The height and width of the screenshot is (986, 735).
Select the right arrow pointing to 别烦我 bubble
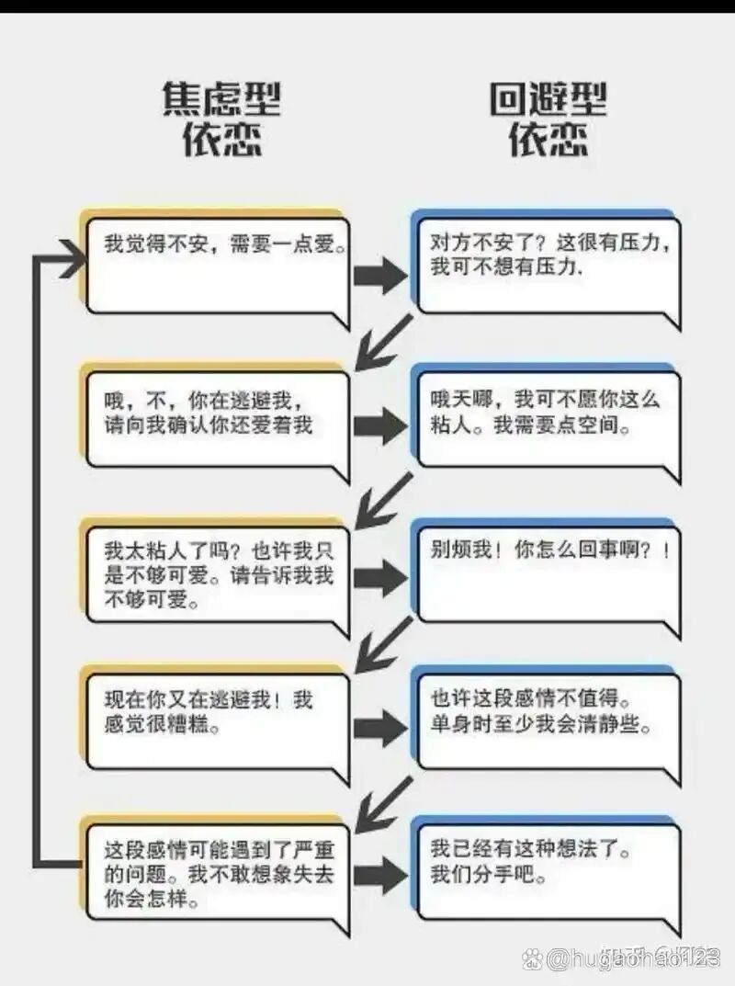tap(380, 577)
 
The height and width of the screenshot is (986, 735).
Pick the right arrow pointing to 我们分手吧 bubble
tap(380, 876)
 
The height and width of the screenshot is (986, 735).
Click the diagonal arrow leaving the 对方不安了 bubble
tap(382, 341)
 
